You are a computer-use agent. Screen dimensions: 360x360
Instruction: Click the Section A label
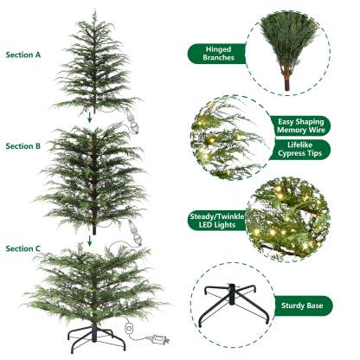click(23, 54)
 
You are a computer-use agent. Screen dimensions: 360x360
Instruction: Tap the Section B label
click(23, 148)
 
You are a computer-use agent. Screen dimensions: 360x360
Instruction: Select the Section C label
click(23, 248)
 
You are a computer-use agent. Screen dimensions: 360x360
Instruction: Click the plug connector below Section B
click(133, 230)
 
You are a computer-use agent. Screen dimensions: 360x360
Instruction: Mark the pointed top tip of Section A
click(92, 13)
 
